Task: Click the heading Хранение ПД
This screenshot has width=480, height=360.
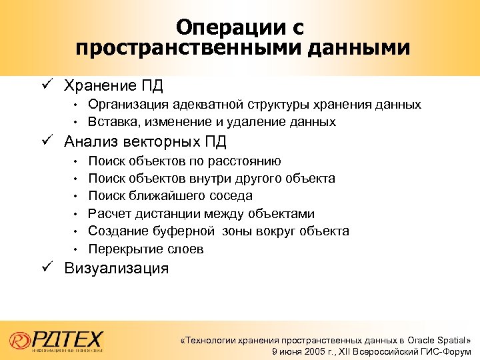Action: coord(113,86)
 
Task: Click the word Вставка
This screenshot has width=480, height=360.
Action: coord(111,122)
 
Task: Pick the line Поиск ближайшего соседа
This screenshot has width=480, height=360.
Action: coord(170,196)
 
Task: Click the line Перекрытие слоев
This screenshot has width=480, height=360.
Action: coord(146,249)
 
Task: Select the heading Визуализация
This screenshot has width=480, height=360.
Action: coord(116,269)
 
